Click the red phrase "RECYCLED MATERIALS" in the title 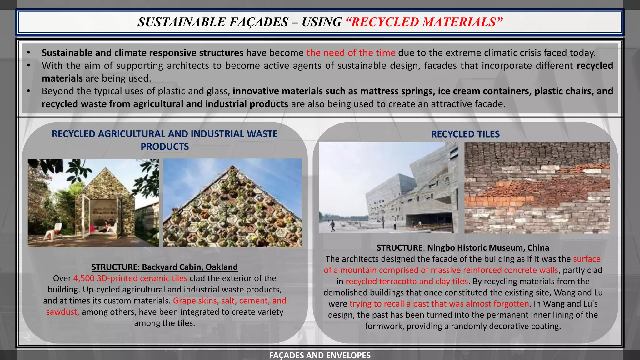[x=424, y=22]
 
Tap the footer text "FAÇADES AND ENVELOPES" [x=320, y=355]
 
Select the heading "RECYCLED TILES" [x=465, y=134]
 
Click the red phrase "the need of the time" [x=351, y=53]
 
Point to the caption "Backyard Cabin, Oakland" [x=190, y=267]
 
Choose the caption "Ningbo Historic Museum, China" [x=488, y=248]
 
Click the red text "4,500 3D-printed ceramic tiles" [x=130, y=278]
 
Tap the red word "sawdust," [x=62, y=312]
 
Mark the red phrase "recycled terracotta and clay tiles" [x=407, y=282]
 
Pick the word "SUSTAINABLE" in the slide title [x=182, y=22]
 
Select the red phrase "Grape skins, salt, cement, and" [x=230, y=301]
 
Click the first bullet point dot [x=28, y=53]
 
